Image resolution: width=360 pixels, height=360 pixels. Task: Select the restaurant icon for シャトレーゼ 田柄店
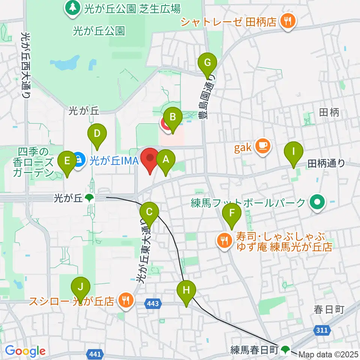click(x=288, y=21)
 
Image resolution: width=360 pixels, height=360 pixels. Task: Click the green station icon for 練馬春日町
click(x=286, y=350)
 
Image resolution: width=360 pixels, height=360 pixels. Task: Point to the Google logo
click(x=25, y=351)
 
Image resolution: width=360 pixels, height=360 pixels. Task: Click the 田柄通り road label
click(x=326, y=163)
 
